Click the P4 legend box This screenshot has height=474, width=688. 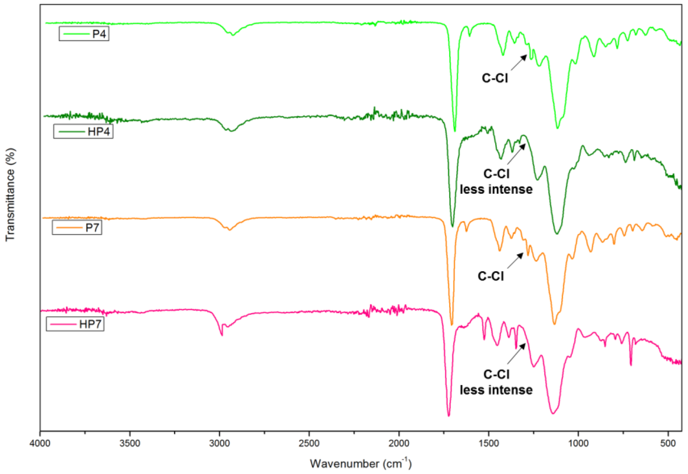click(x=84, y=34)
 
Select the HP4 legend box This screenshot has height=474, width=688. click(x=83, y=131)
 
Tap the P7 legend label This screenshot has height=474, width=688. click(x=77, y=227)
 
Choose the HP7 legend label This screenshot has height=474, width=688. click(x=75, y=324)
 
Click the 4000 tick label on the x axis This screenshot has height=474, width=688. click(x=40, y=443)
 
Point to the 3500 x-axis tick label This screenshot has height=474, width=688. click(x=130, y=443)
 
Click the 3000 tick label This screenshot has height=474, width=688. click(x=219, y=443)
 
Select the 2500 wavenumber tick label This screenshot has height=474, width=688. click(x=309, y=443)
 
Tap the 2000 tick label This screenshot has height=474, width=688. click(x=399, y=443)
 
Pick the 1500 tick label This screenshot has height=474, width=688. click(x=489, y=443)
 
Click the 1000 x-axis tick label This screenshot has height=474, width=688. click(x=578, y=443)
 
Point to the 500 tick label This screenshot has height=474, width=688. click(x=668, y=443)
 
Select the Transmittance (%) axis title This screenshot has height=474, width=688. click(x=10, y=194)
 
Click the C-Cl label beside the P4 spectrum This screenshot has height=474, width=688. click(x=495, y=78)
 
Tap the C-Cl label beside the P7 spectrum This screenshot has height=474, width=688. click(x=491, y=276)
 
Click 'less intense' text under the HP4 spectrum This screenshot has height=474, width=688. click(x=496, y=189)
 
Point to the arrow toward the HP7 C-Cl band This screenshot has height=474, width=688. click(x=516, y=354)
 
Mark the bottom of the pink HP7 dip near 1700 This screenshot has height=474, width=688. click(x=449, y=415)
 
